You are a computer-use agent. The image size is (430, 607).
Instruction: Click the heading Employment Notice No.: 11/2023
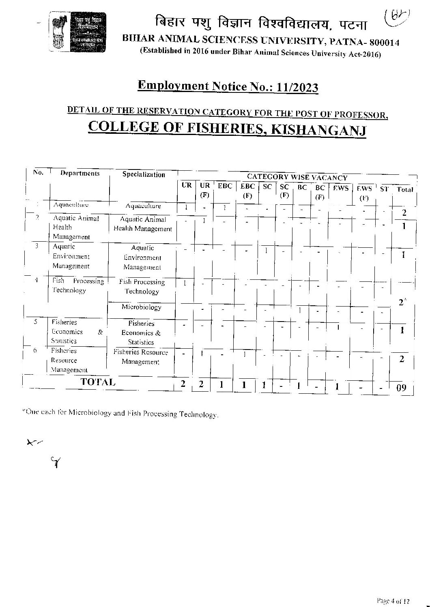(228, 86)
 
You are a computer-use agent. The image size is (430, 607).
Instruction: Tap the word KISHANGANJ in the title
(318, 129)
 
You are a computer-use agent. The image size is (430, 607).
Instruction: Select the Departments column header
(80, 173)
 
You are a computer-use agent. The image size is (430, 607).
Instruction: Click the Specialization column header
(144, 174)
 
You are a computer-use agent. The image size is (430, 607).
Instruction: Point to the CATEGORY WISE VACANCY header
(297, 177)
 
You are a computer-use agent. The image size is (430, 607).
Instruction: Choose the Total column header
(404, 189)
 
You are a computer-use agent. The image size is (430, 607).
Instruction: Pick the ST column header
(384, 189)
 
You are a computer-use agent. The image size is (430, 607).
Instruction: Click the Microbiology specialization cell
(141, 307)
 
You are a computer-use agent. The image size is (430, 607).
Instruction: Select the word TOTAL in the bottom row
(98, 382)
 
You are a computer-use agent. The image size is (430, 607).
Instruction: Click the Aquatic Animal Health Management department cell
(75, 227)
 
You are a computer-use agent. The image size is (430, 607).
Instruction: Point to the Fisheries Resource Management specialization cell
(141, 357)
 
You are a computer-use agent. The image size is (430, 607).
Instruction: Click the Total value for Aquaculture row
(404, 212)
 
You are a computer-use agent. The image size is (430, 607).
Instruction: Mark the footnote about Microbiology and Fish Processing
(120, 414)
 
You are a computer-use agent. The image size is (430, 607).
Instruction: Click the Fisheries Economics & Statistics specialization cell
(141, 333)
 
